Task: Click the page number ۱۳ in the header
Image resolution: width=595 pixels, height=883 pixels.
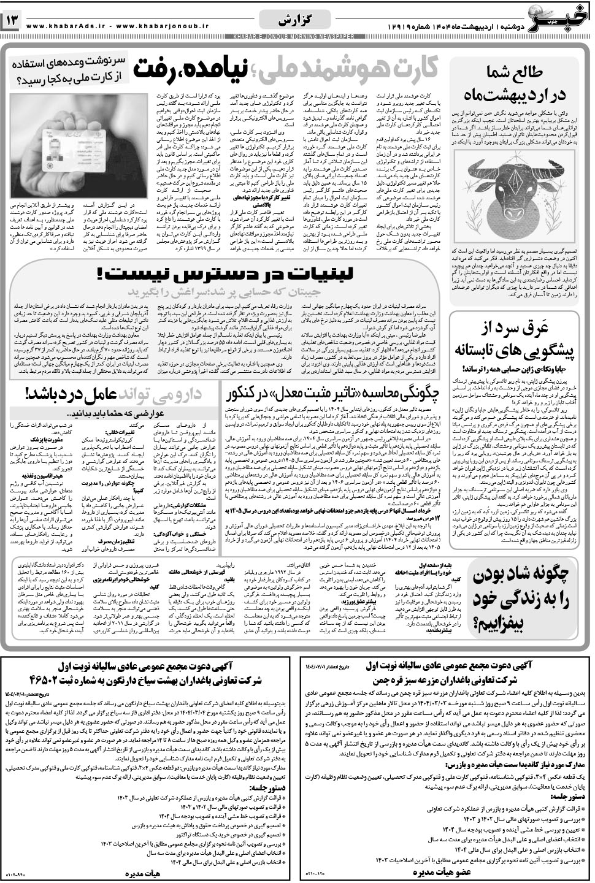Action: pos(13,21)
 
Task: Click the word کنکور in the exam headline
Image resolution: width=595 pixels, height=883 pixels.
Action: pos(250,393)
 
